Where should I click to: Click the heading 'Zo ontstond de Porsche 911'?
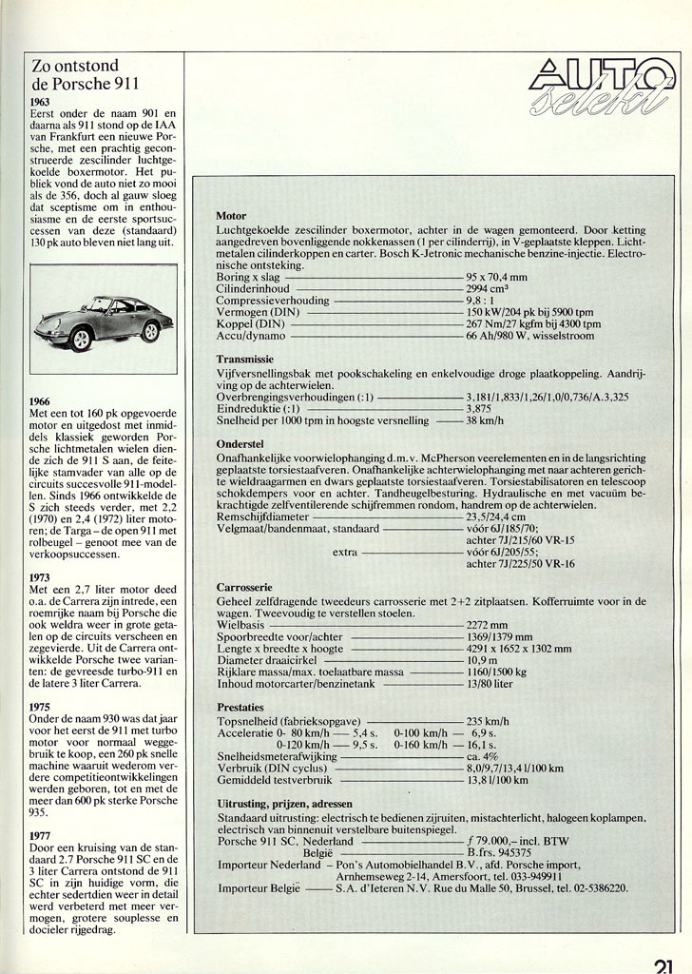tap(86, 75)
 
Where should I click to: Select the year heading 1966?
tap(40, 401)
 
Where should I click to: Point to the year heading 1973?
tap(40, 576)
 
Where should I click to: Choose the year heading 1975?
tap(40, 707)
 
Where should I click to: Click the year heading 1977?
tap(40, 837)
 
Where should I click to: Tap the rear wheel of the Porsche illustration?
tap(150, 330)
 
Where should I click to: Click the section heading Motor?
tap(232, 216)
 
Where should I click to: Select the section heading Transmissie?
tap(245, 360)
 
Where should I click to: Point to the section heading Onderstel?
tap(240, 442)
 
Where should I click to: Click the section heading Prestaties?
tap(242, 708)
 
